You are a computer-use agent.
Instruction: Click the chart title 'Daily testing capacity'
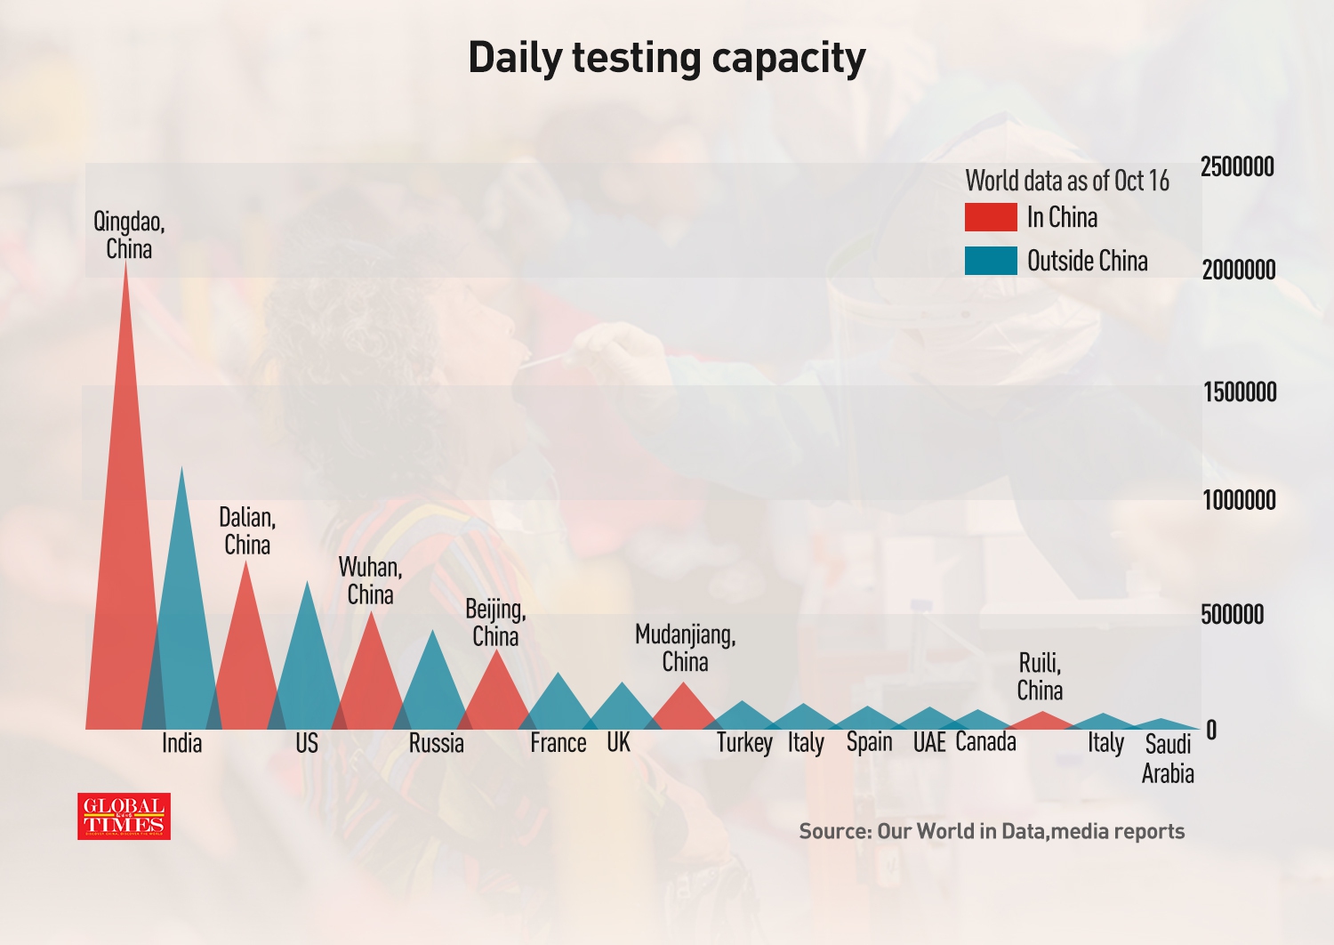666,59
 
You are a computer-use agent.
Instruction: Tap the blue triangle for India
182,623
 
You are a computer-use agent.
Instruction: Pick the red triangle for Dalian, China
245,658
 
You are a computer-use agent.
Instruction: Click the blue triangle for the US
307,667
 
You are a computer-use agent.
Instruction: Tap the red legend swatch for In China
991,217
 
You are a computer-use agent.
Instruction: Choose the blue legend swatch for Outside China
991,261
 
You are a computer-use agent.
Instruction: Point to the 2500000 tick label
1237,166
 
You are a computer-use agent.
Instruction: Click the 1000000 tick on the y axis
1239,500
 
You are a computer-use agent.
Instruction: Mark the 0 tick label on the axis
1210,731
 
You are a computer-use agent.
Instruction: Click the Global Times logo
124,816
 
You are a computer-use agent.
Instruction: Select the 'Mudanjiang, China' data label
685,648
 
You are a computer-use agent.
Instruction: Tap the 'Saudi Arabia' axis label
1168,758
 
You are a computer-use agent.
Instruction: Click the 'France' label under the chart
558,743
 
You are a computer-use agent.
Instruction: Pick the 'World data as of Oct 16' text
1067,181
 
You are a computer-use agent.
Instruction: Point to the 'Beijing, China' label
495,623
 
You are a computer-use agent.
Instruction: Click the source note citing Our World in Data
992,831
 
